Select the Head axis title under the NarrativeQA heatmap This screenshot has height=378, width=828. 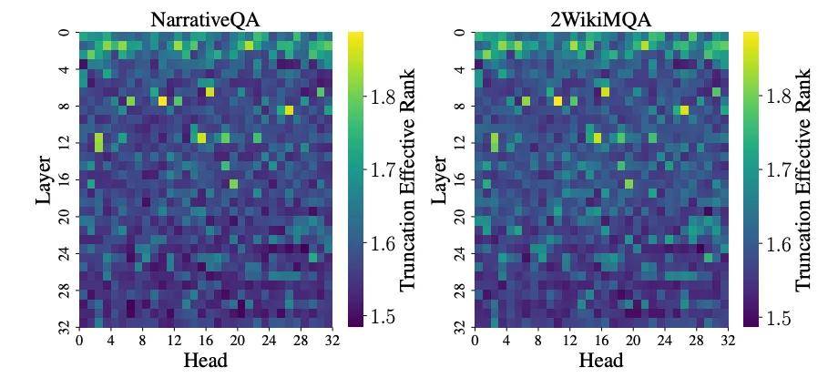pyautogui.click(x=205, y=361)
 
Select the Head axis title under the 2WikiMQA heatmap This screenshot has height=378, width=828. pyautogui.click(x=600, y=361)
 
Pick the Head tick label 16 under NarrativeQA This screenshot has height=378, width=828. pyautogui.click(x=206, y=340)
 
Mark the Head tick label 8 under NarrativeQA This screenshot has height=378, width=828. pyautogui.click(x=142, y=340)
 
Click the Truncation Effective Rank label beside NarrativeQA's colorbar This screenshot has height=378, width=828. pyautogui.click(x=407, y=179)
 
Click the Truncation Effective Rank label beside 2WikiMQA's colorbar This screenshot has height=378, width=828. pyautogui.click(x=803, y=179)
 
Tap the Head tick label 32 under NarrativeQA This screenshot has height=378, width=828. pyautogui.click(x=332, y=340)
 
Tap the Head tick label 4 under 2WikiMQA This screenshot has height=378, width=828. pyautogui.click(x=506, y=340)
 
